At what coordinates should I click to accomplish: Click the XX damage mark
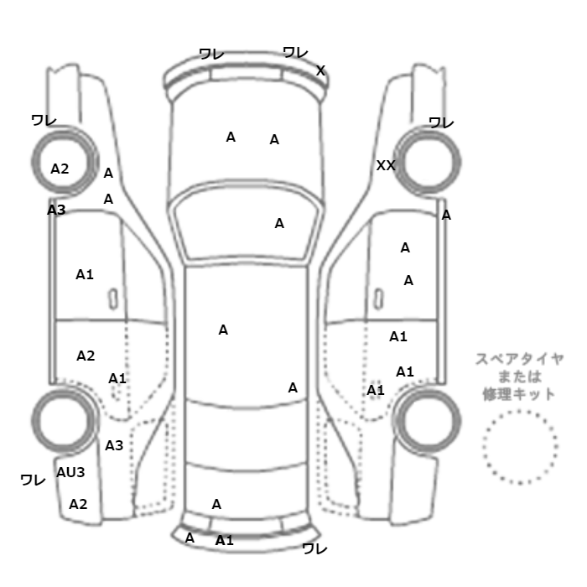386,166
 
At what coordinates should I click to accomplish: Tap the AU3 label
71,472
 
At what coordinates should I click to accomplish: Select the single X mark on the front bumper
320,70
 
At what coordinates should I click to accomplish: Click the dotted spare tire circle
520,448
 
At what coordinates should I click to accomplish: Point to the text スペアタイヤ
520,359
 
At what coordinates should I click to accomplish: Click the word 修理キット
520,393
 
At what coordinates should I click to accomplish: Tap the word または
520,377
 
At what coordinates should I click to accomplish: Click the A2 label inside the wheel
60,168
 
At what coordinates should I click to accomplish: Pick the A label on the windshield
279,223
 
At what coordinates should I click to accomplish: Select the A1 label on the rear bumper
224,540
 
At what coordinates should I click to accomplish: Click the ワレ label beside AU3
33,480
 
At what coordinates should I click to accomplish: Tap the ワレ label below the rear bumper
314,549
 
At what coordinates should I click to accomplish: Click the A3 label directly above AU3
114,445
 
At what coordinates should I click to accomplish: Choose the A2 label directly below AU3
78,504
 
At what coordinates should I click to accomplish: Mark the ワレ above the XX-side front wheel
441,122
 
